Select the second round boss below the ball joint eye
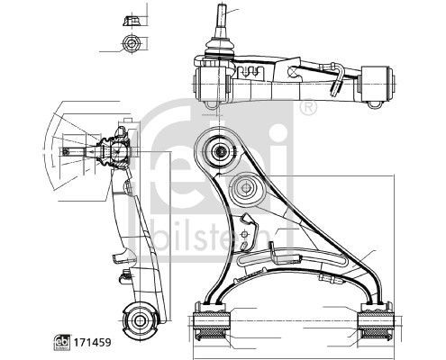coord(245,190)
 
